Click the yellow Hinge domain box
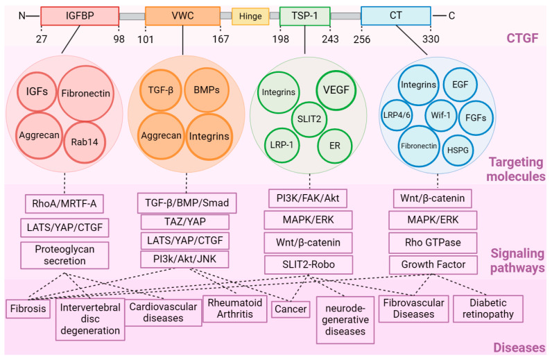click(250, 16)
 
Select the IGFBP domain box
click(80, 16)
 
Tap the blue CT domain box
click(396, 16)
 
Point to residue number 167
click(221, 39)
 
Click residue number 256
click(362, 39)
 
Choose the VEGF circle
click(336, 89)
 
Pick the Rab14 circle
click(85, 142)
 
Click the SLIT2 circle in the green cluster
click(309, 119)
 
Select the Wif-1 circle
click(440, 115)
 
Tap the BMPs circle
click(207, 89)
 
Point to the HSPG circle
click(458, 150)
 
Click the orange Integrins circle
click(209, 137)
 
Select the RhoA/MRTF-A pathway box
click(64, 204)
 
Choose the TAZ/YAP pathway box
click(185, 221)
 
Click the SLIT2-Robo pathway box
click(309, 264)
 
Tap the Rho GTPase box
click(433, 243)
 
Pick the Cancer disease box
click(291, 309)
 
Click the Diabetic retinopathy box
click(488, 309)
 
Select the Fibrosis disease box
click(28, 309)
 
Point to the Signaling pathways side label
click(517, 261)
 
